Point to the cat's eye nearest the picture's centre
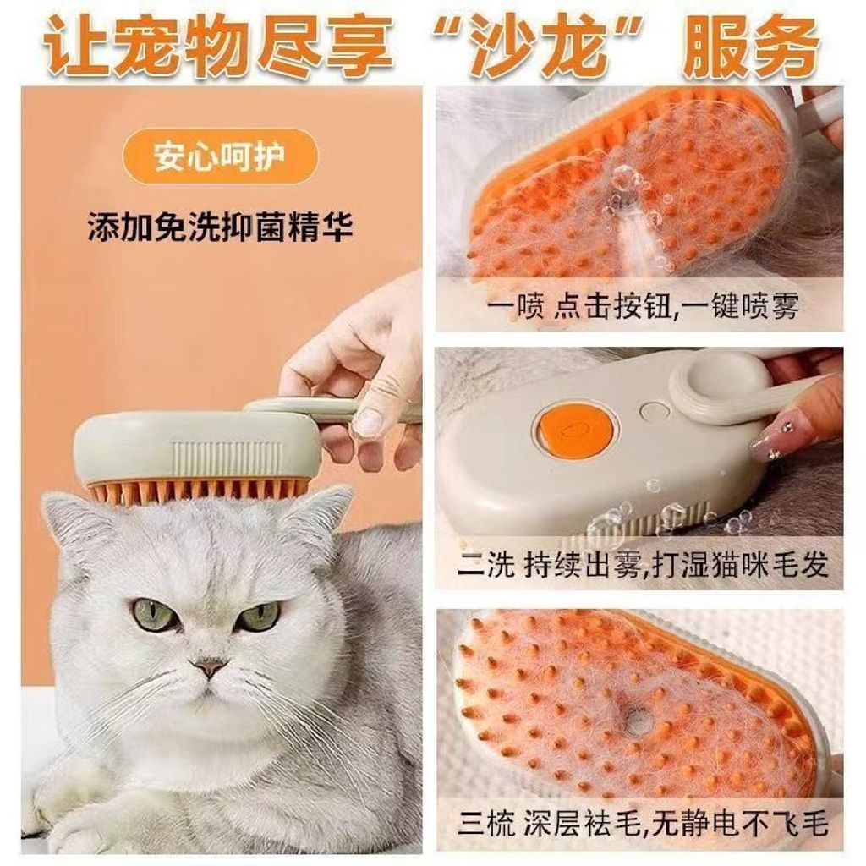[260, 614]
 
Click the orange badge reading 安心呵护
[220, 156]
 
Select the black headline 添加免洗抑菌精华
[221, 226]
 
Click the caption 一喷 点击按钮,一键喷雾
[644, 306]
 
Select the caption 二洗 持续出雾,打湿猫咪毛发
[643, 566]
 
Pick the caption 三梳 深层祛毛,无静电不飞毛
[643, 825]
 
